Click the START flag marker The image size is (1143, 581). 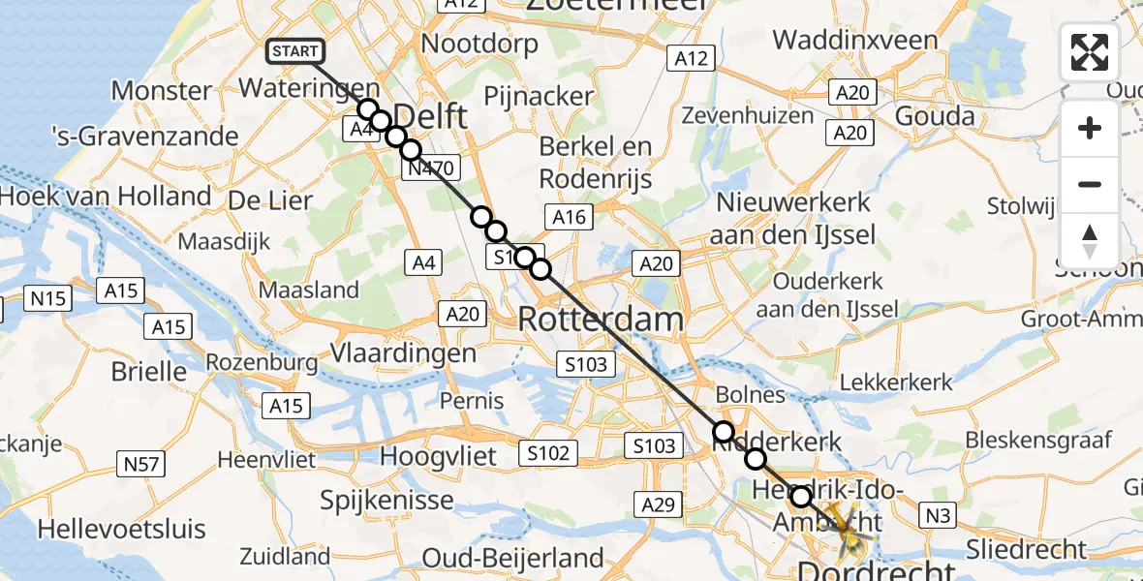click(293, 52)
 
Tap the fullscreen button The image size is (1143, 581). click(1090, 52)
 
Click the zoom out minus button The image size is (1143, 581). click(1090, 184)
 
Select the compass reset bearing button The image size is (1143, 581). click(1090, 241)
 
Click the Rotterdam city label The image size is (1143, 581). click(601, 319)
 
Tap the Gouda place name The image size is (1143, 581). click(934, 117)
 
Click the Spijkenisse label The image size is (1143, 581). click(388, 500)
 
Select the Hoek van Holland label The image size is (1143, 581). click(106, 197)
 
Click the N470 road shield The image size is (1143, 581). click(431, 168)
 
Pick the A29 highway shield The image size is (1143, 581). click(659, 504)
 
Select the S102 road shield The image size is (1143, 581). click(548, 452)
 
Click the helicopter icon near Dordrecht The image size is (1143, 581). click(850, 534)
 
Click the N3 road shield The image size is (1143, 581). click(937, 516)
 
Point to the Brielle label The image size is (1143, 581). click(149, 371)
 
